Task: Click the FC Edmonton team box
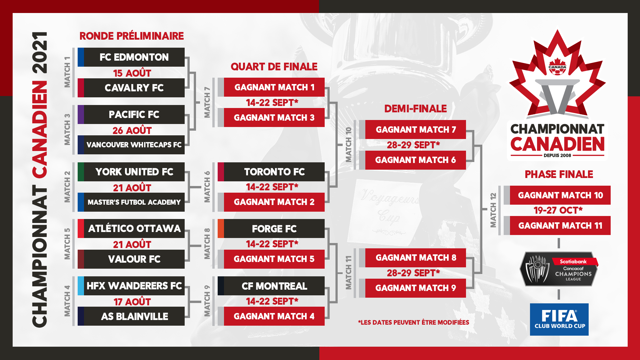(x=131, y=57)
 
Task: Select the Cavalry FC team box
(x=131, y=88)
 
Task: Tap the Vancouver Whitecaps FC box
(x=131, y=145)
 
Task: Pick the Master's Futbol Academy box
(x=131, y=202)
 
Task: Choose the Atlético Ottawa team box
(x=131, y=228)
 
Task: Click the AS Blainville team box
(x=131, y=316)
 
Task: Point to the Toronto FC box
(x=271, y=172)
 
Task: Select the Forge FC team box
(x=271, y=228)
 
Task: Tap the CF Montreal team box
(x=271, y=286)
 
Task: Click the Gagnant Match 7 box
(x=412, y=129)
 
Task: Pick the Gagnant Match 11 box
(x=557, y=225)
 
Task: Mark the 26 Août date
(x=132, y=130)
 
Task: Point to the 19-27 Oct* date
(x=558, y=210)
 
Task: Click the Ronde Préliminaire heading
(x=132, y=36)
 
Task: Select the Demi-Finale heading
(x=415, y=109)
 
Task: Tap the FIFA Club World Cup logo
(x=559, y=319)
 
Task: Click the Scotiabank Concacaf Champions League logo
(x=559, y=269)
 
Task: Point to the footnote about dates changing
(x=413, y=322)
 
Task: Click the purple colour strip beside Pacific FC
(x=81, y=114)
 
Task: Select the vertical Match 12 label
(x=493, y=210)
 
